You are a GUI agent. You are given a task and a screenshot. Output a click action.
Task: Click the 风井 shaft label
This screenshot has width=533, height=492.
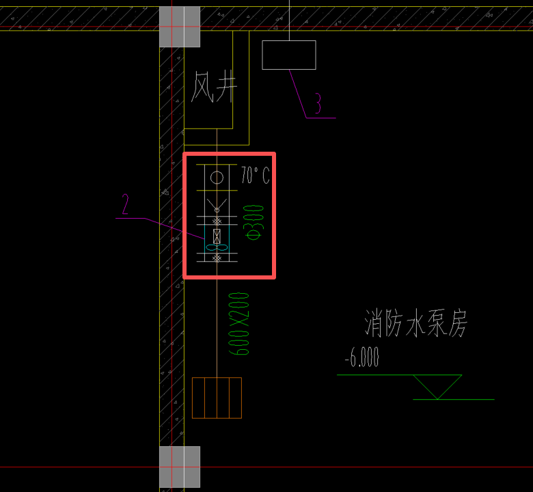(214, 89)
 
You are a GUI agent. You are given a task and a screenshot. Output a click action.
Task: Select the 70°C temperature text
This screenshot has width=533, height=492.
(255, 176)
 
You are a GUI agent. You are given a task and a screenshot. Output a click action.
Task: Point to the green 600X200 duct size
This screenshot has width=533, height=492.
(240, 323)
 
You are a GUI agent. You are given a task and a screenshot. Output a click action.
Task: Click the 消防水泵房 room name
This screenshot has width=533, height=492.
(416, 324)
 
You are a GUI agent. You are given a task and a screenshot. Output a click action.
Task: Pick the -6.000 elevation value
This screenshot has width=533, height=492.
(361, 357)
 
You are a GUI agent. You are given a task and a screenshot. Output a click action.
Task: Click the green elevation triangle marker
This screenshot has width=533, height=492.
(437, 387)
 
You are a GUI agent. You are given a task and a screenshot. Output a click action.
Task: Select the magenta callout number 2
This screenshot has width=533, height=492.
(126, 204)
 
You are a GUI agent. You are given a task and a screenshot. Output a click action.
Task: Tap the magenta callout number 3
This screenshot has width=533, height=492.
(318, 102)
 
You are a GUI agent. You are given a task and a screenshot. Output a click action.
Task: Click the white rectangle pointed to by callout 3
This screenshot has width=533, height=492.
(289, 55)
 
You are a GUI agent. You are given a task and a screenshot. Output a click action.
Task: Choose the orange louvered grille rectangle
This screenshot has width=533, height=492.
(217, 397)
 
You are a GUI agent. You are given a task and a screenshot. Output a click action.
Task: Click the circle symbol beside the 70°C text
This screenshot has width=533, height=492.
(217, 178)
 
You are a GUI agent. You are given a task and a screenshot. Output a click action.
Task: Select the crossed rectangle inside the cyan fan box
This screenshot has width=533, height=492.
(217, 236)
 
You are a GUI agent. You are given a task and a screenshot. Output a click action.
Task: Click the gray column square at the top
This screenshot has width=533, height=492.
(180, 27)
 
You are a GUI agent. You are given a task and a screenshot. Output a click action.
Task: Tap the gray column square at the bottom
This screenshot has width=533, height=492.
(180, 467)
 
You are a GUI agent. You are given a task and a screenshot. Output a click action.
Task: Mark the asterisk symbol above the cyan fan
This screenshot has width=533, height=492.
(217, 221)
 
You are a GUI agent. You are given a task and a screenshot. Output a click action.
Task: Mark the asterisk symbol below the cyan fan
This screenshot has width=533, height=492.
(217, 257)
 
